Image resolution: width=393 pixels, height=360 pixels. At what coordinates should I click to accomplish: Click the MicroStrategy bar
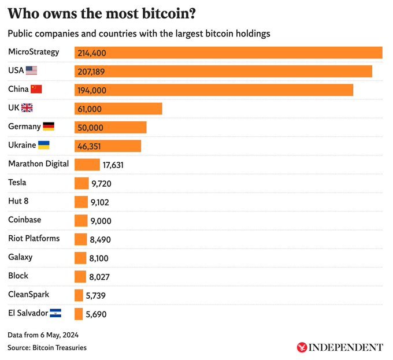pyautogui.click(x=228, y=53)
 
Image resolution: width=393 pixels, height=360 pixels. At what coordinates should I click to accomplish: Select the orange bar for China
pyautogui.click(x=214, y=90)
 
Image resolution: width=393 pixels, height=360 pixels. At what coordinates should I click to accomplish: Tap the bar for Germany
pyautogui.click(x=110, y=127)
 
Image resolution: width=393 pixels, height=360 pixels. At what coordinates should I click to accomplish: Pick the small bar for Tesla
pyautogui.click(x=81, y=183)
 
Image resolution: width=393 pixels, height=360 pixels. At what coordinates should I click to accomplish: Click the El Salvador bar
pyautogui.click(x=79, y=314)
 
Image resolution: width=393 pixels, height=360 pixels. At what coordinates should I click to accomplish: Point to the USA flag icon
pyautogui.click(x=31, y=70)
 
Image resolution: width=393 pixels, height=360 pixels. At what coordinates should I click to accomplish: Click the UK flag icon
pyautogui.click(x=27, y=107)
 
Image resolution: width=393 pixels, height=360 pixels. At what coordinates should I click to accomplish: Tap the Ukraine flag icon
pyautogui.click(x=43, y=144)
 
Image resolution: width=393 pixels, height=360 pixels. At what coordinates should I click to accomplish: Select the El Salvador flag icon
pyautogui.click(x=55, y=313)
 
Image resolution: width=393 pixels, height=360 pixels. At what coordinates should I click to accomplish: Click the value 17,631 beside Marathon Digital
pyautogui.click(x=113, y=165)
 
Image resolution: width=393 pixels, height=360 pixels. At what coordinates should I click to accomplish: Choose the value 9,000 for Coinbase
pyautogui.click(x=101, y=221)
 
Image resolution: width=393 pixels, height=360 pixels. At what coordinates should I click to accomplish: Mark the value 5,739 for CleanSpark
pyautogui.click(x=95, y=295)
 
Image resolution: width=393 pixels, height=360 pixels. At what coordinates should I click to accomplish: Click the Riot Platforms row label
pyautogui.click(x=34, y=238)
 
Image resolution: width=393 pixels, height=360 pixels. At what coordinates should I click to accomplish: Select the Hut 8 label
pyautogui.click(x=18, y=201)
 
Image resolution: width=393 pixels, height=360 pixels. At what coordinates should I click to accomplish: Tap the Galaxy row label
pyautogui.click(x=20, y=257)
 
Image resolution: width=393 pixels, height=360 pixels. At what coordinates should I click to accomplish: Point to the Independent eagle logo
pyautogui.click(x=302, y=347)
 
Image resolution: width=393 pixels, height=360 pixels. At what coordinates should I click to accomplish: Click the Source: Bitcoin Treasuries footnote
pyautogui.click(x=47, y=347)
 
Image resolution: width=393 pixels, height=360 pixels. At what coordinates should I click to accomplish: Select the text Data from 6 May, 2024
pyautogui.click(x=43, y=335)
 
